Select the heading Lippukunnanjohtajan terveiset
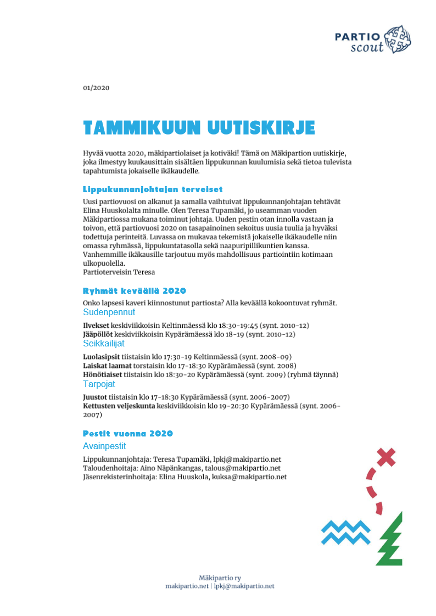pyautogui.click(x=153, y=189)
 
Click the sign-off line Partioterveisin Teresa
pyautogui.click(x=119, y=272)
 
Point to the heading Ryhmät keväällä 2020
pyautogui.click(x=134, y=290)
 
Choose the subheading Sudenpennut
pyautogui.click(x=109, y=312)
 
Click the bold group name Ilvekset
pyautogui.click(x=96, y=325)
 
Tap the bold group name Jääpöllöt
pyautogui.click(x=98, y=334)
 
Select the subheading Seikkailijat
pyautogui.click(x=104, y=344)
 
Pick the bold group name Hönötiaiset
pyautogui.click(x=102, y=374)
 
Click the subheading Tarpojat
pyautogui.click(x=99, y=384)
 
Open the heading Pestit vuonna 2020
pyautogui.click(x=127, y=433)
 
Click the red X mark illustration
pyautogui.click(x=387, y=456)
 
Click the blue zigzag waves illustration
pyautogui.click(x=346, y=532)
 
